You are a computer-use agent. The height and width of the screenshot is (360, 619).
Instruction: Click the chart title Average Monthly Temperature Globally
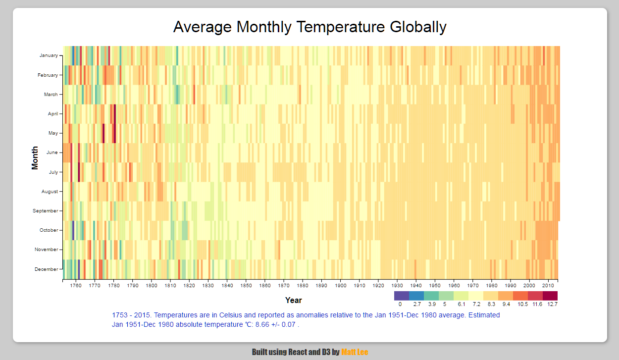pyautogui.click(x=309, y=27)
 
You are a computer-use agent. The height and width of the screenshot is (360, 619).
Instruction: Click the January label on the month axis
pyautogui.click(x=49, y=55)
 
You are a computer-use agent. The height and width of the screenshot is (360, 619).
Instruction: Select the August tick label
pyautogui.click(x=50, y=192)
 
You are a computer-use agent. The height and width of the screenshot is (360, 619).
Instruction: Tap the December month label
pyautogui.click(x=46, y=269)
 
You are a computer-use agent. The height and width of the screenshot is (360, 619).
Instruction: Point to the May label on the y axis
pyautogui.click(x=52, y=133)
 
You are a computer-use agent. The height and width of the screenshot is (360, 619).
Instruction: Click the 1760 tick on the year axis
pyautogui.click(x=76, y=286)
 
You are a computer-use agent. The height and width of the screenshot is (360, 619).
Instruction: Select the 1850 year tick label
pyautogui.click(x=246, y=286)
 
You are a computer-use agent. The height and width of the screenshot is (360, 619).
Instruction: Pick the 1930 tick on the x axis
pyautogui.click(x=397, y=286)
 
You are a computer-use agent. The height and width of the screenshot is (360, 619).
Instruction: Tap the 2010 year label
pyautogui.click(x=548, y=286)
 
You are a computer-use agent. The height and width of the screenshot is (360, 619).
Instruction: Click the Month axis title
pyautogui.click(x=35, y=157)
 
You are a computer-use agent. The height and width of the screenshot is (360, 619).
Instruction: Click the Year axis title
pyautogui.click(x=293, y=300)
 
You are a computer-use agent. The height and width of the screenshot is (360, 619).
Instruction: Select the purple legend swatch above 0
pyautogui.click(x=401, y=296)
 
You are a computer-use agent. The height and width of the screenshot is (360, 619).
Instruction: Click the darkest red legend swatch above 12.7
pyautogui.click(x=550, y=296)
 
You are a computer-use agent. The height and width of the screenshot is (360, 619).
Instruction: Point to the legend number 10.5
pyautogui.click(x=522, y=305)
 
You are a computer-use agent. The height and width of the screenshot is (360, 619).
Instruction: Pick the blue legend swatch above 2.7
pyautogui.click(x=416, y=296)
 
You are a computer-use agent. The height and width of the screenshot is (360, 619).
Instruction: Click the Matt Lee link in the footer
pyautogui.click(x=355, y=352)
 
